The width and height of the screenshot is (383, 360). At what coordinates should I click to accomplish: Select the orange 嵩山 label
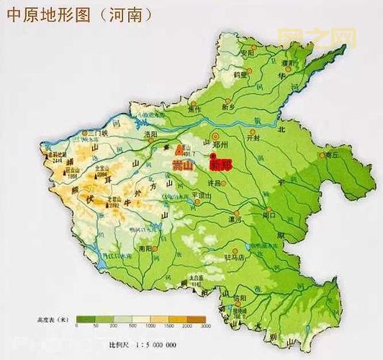point(182,166)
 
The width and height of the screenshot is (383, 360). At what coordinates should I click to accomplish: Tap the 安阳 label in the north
point(248,53)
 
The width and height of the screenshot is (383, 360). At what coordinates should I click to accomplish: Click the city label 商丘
point(330,154)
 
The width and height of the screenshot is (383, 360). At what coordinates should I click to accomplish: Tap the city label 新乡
point(228,106)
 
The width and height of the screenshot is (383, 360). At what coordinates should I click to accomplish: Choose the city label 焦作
point(194,109)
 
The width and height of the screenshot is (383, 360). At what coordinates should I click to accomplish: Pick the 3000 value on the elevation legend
point(205,325)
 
